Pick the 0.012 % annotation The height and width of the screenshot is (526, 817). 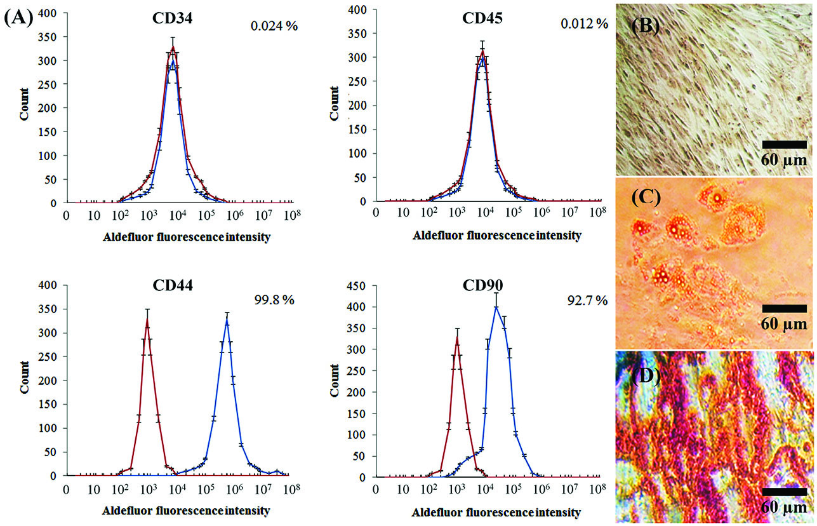tap(584, 24)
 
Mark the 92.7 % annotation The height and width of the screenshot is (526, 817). tap(587, 299)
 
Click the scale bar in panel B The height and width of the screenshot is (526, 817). tap(784, 144)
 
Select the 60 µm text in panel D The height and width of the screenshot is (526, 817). tap(784, 509)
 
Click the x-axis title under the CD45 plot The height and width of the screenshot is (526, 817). tap(496, 236)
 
